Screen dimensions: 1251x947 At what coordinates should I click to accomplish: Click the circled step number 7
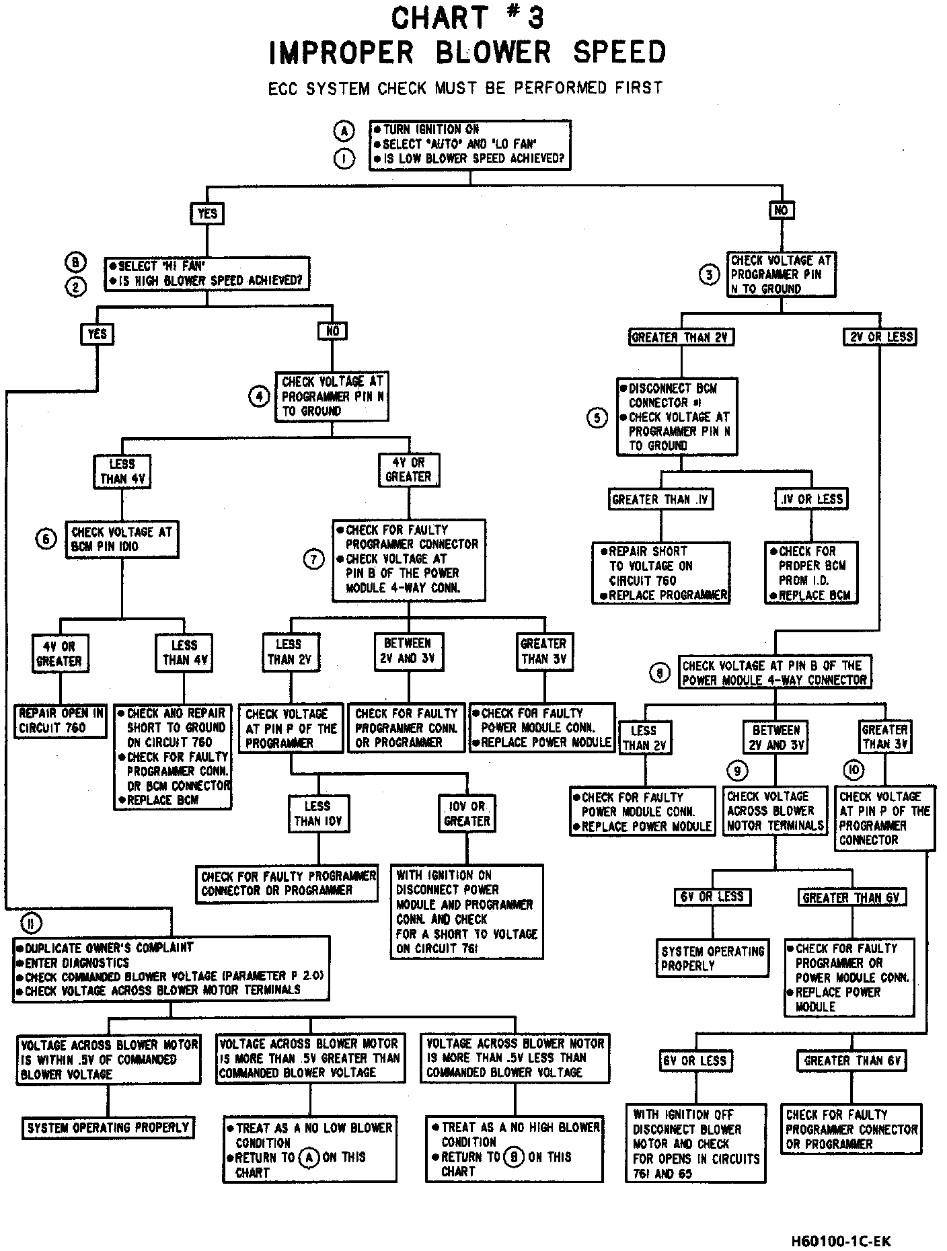point(313,559)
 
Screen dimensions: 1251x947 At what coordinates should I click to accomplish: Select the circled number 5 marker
point(597,418)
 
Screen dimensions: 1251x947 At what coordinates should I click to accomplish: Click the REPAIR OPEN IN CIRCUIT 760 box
point(61,721)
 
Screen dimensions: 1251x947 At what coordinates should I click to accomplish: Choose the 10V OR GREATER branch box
point(467,813)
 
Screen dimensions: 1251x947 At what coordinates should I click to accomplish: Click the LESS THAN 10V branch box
point(318,813)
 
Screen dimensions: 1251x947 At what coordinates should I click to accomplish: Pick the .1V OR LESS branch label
point(811,499)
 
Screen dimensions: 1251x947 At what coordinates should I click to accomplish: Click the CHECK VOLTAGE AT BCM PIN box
point(122,539)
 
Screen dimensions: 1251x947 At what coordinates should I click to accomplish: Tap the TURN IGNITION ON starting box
point(470,144)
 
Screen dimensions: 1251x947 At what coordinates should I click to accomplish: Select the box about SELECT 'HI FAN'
point(207,273)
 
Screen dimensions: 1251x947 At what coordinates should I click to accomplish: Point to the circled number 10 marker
point(853,770)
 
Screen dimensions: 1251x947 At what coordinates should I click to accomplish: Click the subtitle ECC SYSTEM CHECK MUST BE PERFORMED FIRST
point(465,88)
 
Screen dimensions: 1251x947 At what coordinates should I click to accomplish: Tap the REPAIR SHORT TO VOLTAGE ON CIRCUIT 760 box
point(661,573)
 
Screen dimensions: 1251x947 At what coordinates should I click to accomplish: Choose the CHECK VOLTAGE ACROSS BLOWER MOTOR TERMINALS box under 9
point(775,811)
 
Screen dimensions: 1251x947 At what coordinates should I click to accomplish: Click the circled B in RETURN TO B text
point(513,1158)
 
